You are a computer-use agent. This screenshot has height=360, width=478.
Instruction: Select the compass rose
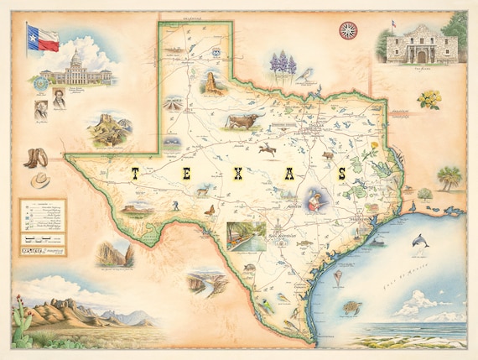[348, 31]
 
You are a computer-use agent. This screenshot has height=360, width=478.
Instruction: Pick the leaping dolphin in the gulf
[420, 241]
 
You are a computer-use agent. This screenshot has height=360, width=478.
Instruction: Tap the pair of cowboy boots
[36, 159]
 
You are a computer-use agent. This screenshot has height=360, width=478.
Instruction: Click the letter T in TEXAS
[134, 175]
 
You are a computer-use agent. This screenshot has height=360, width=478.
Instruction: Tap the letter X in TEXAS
[236, 175]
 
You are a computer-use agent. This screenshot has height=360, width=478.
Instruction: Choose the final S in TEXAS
[341, 175]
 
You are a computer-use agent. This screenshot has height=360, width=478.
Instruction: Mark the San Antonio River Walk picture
[246, 234]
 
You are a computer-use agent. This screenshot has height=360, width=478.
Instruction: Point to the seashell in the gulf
[338, 277]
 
